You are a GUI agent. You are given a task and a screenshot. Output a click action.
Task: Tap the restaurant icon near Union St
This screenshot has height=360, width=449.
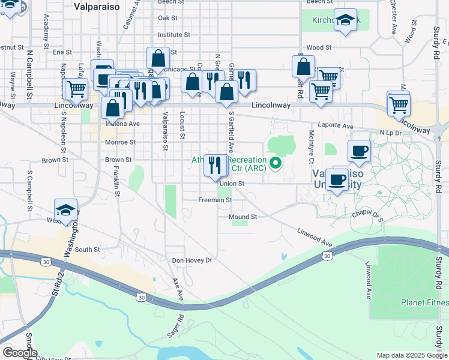click(215, 165)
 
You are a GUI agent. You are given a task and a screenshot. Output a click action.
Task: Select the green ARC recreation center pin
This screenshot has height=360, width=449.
click(276, 163)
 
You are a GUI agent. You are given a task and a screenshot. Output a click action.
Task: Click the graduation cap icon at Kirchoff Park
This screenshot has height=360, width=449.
click(346, 20)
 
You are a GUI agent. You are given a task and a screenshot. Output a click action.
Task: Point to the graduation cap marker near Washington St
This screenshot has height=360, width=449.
click(65, 210)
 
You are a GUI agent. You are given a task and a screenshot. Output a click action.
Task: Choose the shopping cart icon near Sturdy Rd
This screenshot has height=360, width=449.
click(399, 104)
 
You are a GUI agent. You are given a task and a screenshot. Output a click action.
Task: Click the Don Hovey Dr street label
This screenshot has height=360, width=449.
click(192, 260)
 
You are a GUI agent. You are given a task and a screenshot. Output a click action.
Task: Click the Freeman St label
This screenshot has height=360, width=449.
click(215, 200)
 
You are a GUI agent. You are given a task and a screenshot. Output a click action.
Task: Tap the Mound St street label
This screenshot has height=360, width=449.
click(243, 217)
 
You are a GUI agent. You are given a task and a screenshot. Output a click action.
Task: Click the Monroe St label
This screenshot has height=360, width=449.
click(120, 142)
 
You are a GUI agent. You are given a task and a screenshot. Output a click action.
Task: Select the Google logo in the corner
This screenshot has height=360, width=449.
click(19, 353)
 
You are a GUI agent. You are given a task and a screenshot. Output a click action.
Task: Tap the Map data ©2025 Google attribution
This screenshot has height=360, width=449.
click(412, 355)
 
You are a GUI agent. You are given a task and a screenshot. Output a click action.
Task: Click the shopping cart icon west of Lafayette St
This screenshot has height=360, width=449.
click(76, 90)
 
